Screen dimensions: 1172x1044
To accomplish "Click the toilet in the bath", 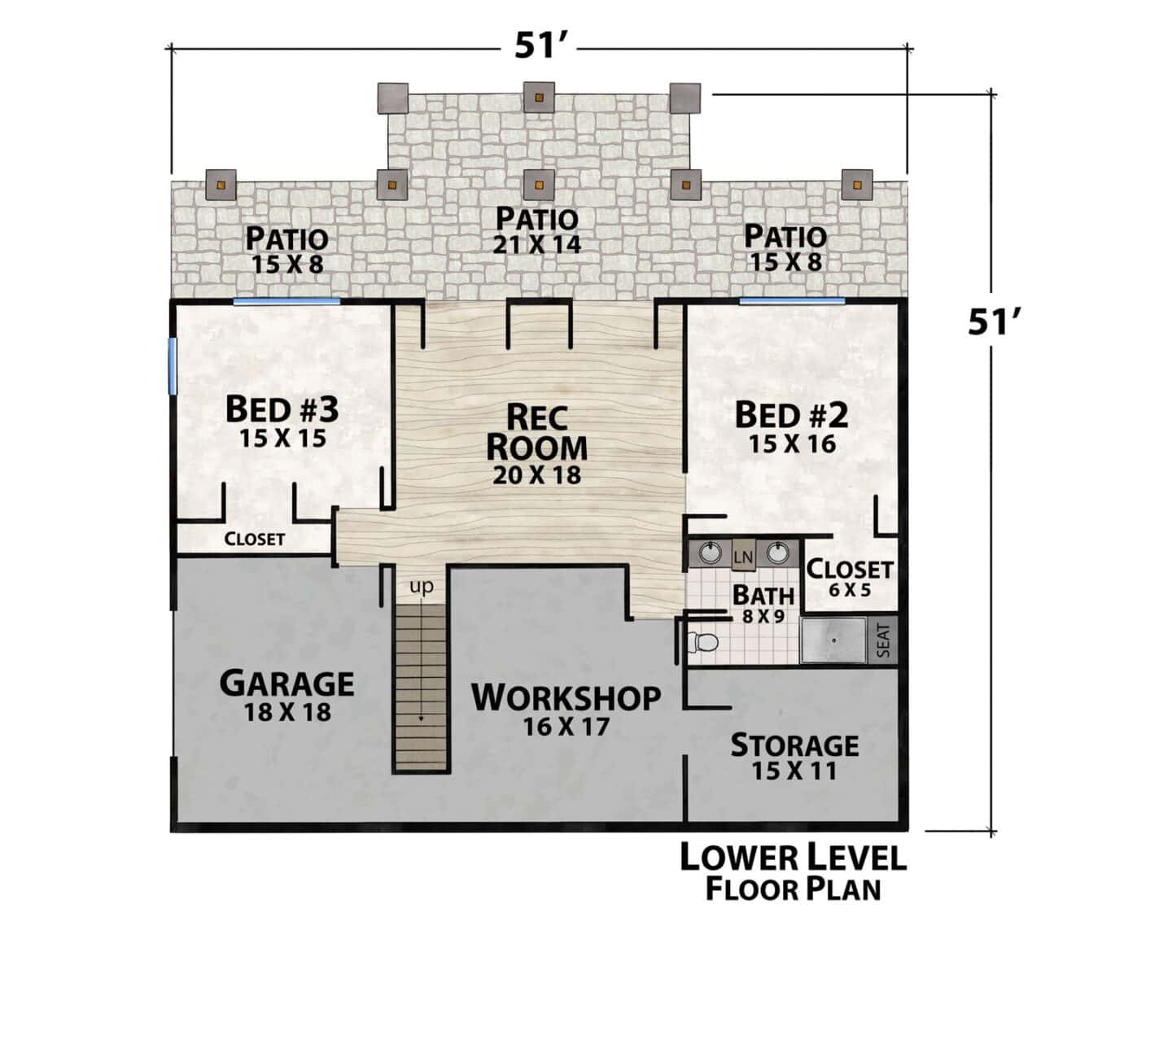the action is pyautogui.click(x=702, y=641).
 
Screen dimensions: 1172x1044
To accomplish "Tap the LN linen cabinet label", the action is pyautogui.click(x=743, y=557).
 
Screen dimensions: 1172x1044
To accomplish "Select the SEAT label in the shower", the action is pyautogui.click(x=883, y=640).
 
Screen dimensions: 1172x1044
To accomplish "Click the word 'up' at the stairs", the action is pyautogui.click(x=421, y=587).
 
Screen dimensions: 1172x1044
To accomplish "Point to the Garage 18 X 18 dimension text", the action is pyautogui.click(x=287, y=712).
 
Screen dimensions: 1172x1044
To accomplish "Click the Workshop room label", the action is pyautogui.click(x=566, y=697).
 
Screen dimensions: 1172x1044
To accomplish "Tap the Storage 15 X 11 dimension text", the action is pyautogui.click(x=794, y=771).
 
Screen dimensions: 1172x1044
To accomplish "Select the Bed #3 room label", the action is pyautogui.click(x=282, y=409).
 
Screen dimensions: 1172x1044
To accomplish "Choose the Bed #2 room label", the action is pyautogui.click(x=791, y=415).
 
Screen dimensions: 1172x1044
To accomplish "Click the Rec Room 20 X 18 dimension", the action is pyautogui.click(x=536, y=475).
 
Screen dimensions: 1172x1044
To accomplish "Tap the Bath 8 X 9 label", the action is pyautogui.click(x=763, y=603).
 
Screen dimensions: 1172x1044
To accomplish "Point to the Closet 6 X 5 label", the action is pyautogui.click(x=849, y=578).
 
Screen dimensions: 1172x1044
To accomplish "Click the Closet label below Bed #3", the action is pyautogui.click(x=254, y=539).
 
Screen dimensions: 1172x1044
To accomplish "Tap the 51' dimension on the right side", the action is pyautogui.click(x=991, y=321).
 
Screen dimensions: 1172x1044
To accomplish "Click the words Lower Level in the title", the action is pyautogui.click(x=793, y=858).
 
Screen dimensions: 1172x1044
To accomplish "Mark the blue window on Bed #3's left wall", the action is pyautogui.click(x=172, y=366).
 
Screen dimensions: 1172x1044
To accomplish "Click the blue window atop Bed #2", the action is pyautogui.click(x=791, y=300).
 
